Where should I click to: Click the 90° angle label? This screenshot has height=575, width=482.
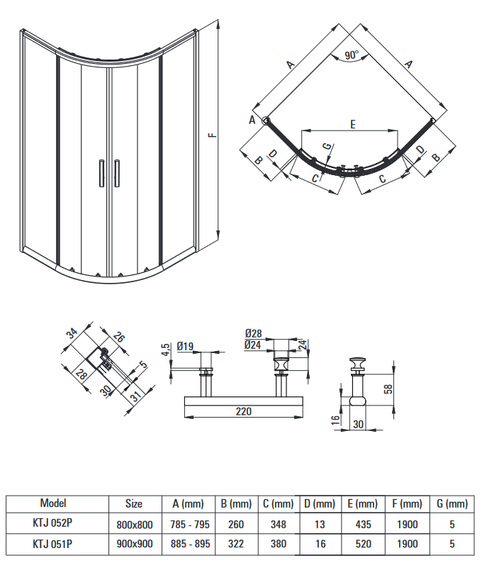(x=352, y=55)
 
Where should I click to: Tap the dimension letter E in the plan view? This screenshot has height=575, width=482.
(x=352, y=124)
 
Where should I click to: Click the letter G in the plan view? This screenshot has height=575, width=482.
(x=327, y=146)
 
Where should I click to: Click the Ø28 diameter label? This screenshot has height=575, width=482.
(x=253, y=333)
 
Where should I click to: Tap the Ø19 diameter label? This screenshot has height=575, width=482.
(x=186, y=346)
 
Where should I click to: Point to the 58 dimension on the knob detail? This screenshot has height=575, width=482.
(x=388, y=389)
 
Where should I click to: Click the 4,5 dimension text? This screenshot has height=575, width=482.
(x=164, y=351)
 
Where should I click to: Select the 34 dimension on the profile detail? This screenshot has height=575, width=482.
(x=72, y=333)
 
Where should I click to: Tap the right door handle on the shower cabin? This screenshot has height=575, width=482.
(x=117, y=173)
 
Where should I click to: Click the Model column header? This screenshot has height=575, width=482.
(x=53, y=503)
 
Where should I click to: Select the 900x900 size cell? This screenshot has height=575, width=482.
(x=133, y=545)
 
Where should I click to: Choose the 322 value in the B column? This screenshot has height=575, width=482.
(x=236, y=545)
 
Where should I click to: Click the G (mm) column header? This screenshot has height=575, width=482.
(x=449, y=504)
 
